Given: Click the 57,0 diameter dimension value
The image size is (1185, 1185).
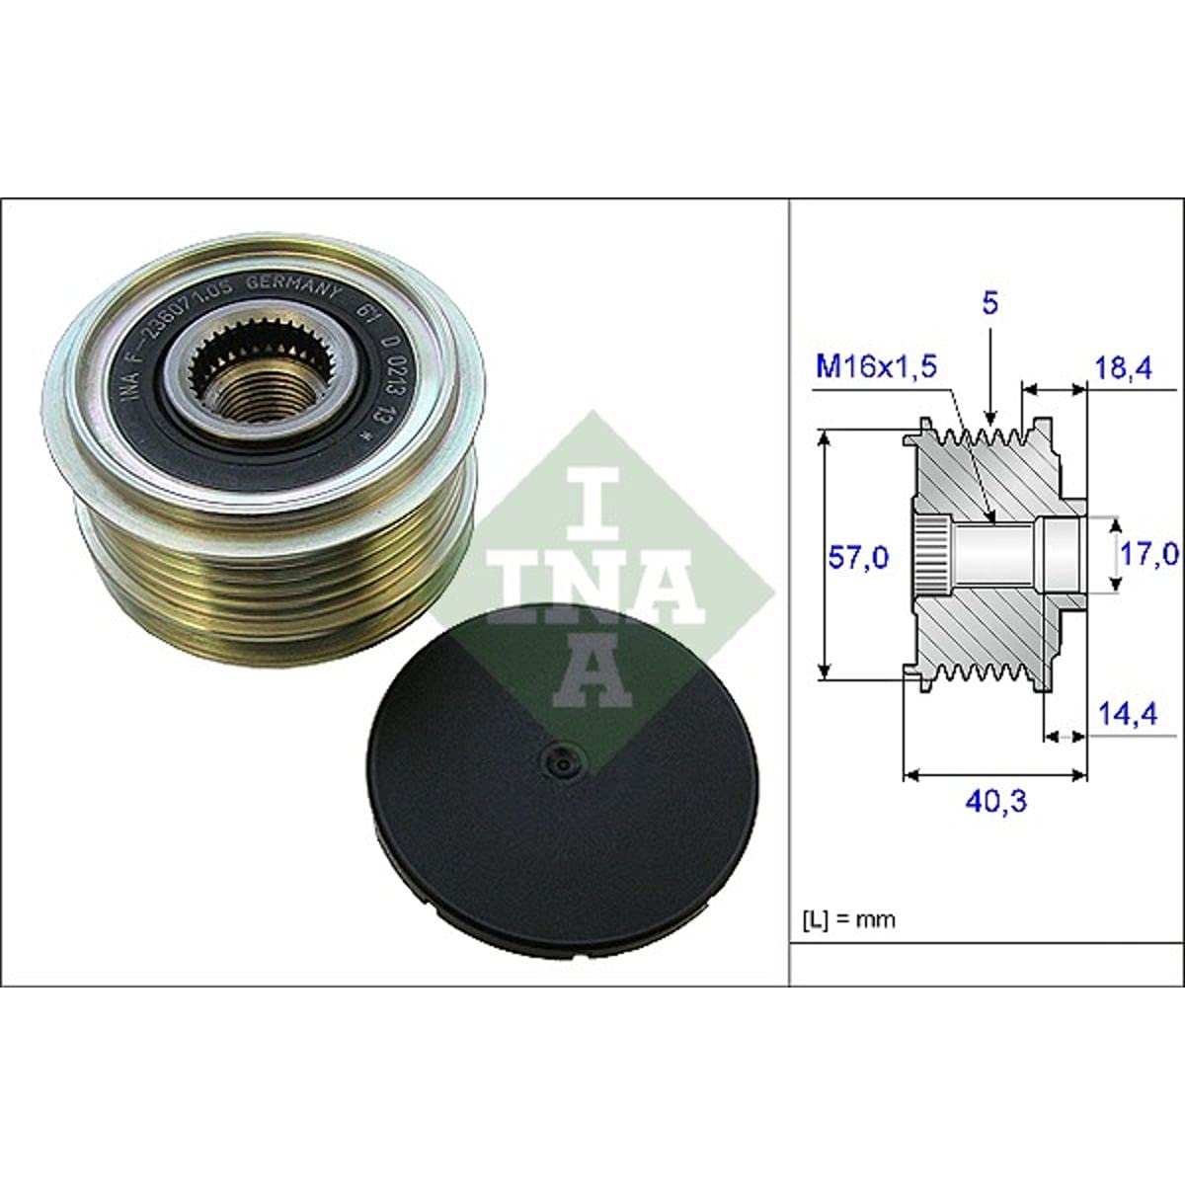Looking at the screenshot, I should point(857,558).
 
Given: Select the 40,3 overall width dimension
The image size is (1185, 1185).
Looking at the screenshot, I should point(994,800).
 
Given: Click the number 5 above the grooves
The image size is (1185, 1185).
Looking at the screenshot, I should point(990,303).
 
